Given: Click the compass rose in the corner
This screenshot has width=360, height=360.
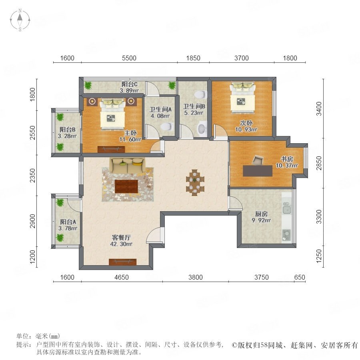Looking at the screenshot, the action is pyautogui.click(x=20, y=20).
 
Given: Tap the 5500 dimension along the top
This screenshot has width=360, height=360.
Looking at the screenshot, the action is pyautogui.click(x=129, y=58).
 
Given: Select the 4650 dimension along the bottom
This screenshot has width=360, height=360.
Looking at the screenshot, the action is pyautogui.click(x=122, y=277).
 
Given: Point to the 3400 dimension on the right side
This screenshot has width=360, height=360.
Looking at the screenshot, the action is pyautogui.click(x=319, y=109).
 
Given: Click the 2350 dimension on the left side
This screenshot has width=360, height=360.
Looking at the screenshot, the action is pyautogui.click(x=33, y=176).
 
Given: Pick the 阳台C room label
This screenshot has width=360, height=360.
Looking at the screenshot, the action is pyautogui.click(x=130, y=84).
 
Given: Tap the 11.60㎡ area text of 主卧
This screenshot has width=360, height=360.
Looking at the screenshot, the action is pyautogui.click(x=130, y=139).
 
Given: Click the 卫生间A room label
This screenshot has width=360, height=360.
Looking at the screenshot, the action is pyautogui.click(x=160, y=110).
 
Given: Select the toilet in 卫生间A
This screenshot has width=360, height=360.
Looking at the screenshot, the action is pyautogui.click(x=166, y=126).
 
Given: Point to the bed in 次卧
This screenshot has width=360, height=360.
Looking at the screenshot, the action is pyautogui.click(x=243, y=98).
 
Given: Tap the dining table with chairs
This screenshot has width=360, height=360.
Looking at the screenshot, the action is pyautogui.click(x=195, y=183).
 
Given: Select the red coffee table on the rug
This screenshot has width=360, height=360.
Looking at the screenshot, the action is pyautogui.click(x=126, y=186).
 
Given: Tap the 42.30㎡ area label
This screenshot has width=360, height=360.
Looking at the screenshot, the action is pyautogui.click(x=121, y=244).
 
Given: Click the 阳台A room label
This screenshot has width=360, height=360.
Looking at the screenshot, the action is pyautogui.click(x=68, y=222).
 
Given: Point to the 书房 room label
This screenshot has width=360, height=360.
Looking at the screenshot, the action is pyautogui.click(x=287, y=159).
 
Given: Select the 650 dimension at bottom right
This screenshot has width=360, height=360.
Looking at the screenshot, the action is pyautogui.click(x=300, y=277).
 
